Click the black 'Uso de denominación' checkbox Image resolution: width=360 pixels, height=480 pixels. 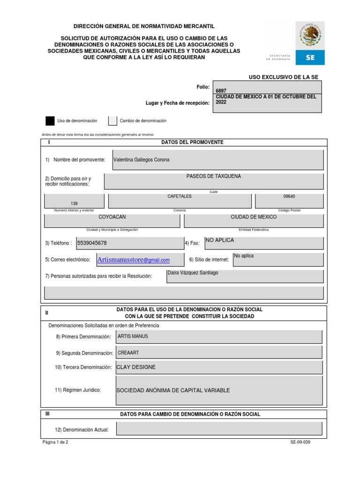pos(50,121)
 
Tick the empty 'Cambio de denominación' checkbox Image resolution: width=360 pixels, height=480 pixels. pos(112,121)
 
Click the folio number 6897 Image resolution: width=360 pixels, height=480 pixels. pos(220,91)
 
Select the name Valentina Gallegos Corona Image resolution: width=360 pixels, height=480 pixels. pos(142,160)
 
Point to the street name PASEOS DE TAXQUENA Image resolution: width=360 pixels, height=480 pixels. pos(214,176)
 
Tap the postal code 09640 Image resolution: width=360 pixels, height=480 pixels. pos(289,196)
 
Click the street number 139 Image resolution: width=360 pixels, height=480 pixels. pos(74,203)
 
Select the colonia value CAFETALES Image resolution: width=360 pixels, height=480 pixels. pos(180,196)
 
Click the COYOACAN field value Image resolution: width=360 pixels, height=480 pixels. pos(112,217)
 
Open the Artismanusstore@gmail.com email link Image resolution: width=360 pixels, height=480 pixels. pos(133,260)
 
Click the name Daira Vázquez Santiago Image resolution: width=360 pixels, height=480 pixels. pos(193,273)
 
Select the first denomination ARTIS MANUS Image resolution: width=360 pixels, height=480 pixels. pos(133,336)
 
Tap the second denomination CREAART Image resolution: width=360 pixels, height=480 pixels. pos(128,352)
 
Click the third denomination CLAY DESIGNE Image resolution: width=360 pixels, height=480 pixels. pos(136,367)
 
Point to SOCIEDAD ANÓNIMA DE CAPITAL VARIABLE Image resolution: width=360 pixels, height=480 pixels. pos(173,390)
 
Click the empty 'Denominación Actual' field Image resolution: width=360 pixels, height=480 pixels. pos(219,428)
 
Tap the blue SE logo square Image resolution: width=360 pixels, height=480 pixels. pos(310,57)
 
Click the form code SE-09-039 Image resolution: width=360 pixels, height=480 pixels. pos(300,442)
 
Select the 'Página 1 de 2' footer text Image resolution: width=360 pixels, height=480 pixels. pos(55,442)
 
